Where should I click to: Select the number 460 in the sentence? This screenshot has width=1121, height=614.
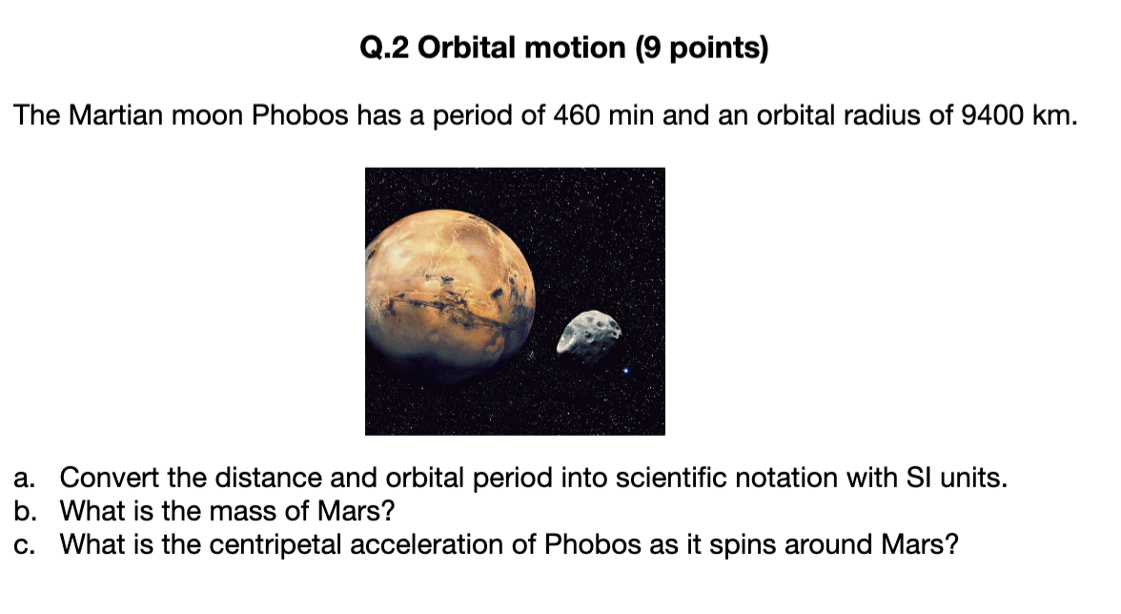pyautogui.click(x=576, y=115)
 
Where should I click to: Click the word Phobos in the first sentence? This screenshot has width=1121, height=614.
pyautogui.click(x=299, y=115)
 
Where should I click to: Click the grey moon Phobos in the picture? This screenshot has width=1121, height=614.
pyautogui.click(x=589, y=336)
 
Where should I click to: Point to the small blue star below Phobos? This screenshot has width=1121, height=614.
pyautogui.click(x=625, y=370)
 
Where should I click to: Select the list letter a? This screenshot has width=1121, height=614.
pyautogui.click(x=24, y=479)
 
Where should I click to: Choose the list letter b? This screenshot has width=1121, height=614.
pyautogui.click(x=25, y=511)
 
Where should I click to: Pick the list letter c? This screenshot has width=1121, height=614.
pyautogui.click(x=24, y=545)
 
